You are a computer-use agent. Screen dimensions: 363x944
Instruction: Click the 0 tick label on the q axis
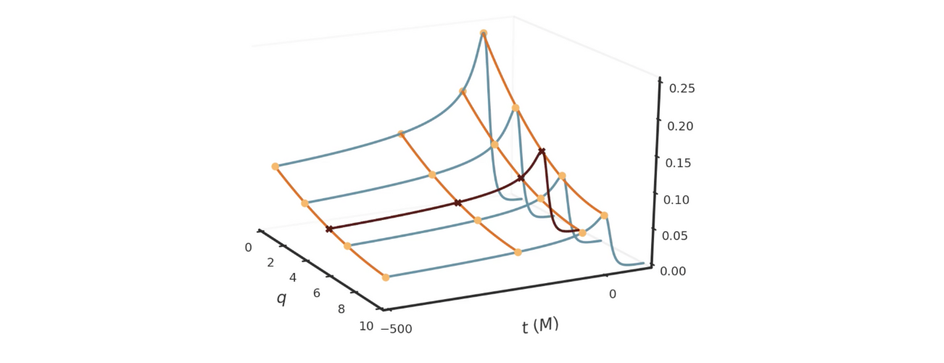pyautogui.click(x=248, y=248)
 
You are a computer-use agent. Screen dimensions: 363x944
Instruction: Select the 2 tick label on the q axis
pyautogui.click(x=270, y=263)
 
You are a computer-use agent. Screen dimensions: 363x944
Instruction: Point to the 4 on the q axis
pyautogui.click(x=293, y=278)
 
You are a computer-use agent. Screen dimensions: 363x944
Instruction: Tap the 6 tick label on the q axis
pyautogui.click(x=316, y=293)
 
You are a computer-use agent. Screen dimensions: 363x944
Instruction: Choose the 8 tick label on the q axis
pyautogui.click(x=341, y=309)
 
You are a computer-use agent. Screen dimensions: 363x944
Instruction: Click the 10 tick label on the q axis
pyautogui.click(x=366, y=326)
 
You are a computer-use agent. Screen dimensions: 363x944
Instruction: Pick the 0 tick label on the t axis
pyautogui.click(x=612, y=294)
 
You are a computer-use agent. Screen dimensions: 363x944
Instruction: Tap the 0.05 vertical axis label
pyautogui.click(x=679, y=236)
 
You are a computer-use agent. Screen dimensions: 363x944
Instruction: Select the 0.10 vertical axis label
pyautogui.click(x=679, y=200)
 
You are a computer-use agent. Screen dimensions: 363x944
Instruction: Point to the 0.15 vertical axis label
pyautogui.click(x=679, y=163)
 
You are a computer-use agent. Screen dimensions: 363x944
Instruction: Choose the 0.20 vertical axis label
pyautogui.click(x=679, y=126)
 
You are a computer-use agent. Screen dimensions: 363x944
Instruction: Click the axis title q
pyautogui.click(x=281, y=298)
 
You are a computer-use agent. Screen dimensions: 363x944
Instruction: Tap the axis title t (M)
pyautogui.click(x=540, y=326)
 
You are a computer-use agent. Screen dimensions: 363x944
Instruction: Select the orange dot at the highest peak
pyautogui.click(x=484, y=33)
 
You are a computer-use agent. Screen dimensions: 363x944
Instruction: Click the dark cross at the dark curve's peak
pyautogui.click(x=542, y=151)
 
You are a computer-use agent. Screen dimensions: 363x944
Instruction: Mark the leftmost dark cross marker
pyautogui.click(x=329, y=229)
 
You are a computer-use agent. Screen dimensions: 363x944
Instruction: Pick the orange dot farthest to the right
pyautogui.click(x=604, y=215)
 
